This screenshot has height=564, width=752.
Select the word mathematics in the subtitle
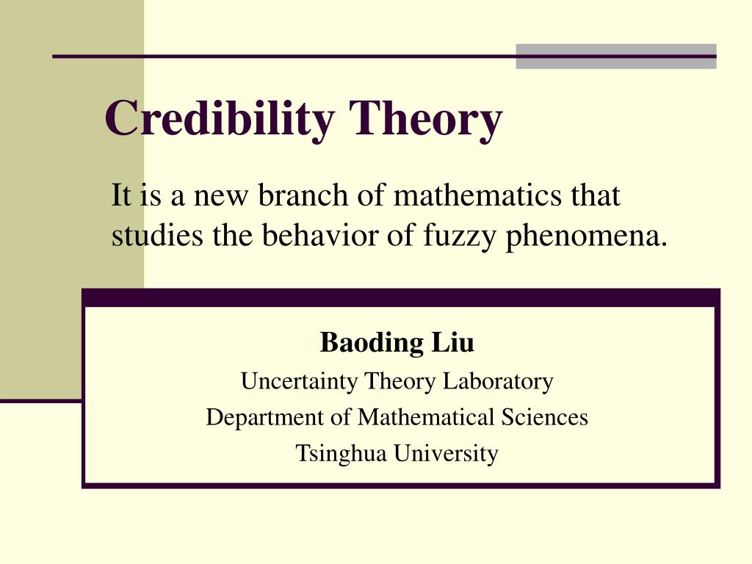point(480,196)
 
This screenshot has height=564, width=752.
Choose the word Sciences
point(545,417)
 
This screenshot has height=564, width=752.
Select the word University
point(446,453)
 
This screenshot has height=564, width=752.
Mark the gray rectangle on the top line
point(615,57)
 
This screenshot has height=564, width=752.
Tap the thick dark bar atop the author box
point(401,297)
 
